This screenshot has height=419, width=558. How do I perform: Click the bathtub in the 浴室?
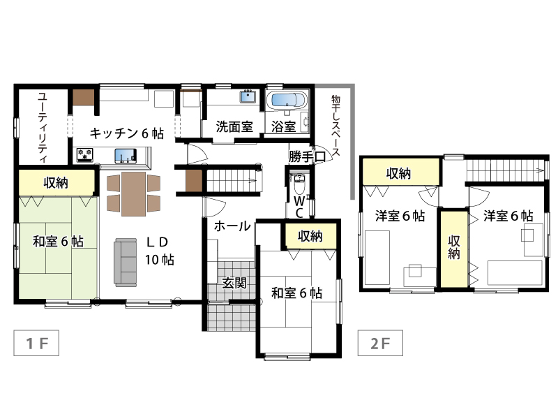[289, 100]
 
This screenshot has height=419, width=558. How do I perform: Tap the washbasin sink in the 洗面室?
[248, 96]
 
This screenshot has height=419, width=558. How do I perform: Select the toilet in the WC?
[300, 182]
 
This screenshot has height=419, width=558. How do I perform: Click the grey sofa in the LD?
[126, 263]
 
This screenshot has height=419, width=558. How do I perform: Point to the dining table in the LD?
[133, 194]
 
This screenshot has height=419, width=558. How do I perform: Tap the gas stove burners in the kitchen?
[85, 155]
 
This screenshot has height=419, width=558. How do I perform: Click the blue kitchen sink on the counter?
[126, 156]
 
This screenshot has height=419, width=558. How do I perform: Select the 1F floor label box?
[36, 343]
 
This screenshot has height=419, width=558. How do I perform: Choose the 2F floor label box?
[380, 343]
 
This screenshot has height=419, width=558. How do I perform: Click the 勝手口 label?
[307, 156]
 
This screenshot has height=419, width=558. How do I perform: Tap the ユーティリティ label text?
[43, 127]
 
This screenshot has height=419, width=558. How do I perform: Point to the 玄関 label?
[234, 283]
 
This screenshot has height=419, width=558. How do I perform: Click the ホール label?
[232, 226]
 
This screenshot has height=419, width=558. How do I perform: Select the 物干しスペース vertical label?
[335, 126]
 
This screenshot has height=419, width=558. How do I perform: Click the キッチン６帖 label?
[127, 133]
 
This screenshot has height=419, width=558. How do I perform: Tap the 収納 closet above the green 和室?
[56, 182]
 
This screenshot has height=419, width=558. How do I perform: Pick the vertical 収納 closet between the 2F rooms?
[454, 249]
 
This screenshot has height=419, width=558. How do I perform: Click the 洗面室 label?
[234, 126]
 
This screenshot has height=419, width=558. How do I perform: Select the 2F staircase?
[505, 170]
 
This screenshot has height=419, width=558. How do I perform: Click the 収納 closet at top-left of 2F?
[400, 172]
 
